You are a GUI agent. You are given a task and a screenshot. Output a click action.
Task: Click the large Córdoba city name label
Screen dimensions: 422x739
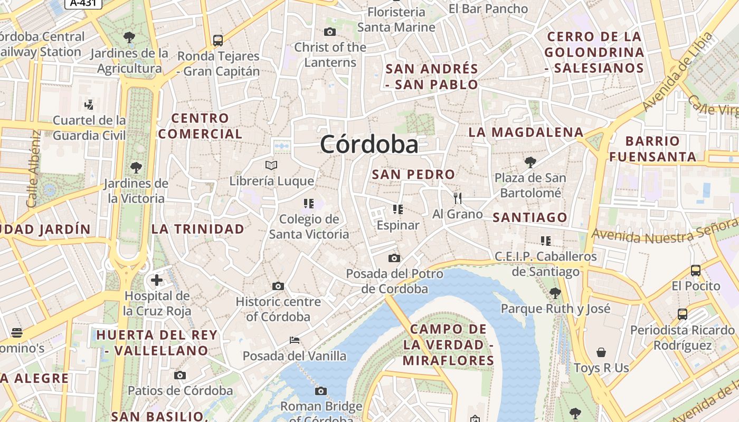369,144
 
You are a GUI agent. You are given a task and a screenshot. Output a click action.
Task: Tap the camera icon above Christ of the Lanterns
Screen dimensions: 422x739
330,32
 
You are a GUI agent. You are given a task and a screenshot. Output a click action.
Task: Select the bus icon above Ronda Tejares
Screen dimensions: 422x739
217,40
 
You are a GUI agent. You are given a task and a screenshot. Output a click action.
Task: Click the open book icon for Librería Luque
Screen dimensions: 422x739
271,165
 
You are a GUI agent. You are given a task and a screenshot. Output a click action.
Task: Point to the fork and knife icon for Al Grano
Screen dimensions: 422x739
457,198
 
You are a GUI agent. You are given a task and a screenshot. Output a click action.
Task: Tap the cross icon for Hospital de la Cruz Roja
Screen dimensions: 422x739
157,280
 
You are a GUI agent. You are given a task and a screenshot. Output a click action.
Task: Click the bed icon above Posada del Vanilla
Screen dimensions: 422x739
295,340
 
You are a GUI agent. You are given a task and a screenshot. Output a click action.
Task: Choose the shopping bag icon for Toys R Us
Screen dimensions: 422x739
601,352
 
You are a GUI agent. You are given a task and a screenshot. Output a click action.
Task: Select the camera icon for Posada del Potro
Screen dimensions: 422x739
394,258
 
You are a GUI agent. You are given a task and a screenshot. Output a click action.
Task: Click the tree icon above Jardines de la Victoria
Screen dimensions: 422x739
136,168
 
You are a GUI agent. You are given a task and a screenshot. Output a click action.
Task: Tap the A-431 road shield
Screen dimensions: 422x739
83,3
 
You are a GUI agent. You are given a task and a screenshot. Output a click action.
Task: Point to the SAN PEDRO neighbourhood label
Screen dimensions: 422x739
413,174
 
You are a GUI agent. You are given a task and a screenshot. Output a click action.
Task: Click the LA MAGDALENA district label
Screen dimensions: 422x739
526,132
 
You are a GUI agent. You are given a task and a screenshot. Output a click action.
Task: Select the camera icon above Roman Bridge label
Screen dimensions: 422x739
320,391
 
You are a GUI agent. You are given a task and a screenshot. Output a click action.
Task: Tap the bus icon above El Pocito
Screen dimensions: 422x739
696,271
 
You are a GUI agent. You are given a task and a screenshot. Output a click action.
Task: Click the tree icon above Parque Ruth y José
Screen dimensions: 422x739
555,293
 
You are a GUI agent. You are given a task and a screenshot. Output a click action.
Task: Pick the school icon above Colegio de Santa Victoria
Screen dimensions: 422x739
309,203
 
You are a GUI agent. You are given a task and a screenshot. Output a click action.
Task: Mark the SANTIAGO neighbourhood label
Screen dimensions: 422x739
529,217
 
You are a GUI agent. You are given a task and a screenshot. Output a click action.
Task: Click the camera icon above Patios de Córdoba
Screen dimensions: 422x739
180,375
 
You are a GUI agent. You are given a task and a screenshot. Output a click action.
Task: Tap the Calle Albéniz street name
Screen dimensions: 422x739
33,169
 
